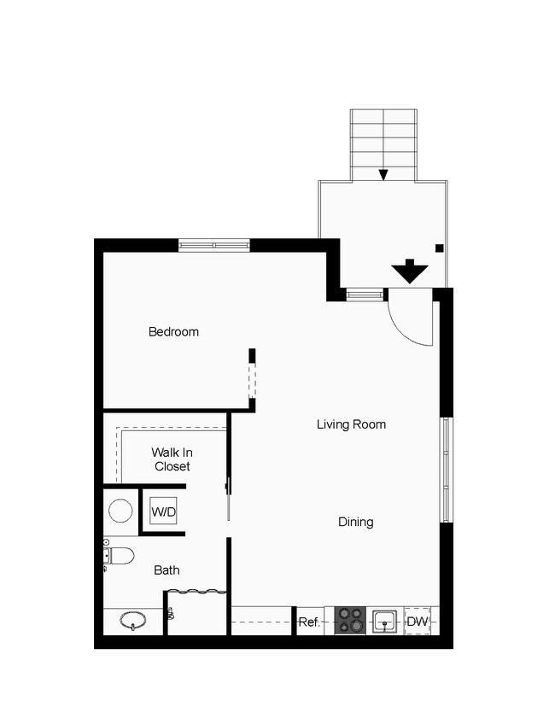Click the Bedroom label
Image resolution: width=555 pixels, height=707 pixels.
click(x=173, y=332)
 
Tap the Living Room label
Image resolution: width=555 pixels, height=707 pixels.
click(x=351, y=424)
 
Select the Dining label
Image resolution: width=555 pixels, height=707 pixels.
click(x=356, y=522)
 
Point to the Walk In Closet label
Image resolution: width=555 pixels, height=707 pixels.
click(x=172, y=459)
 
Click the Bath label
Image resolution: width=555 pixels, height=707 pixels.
click(x=166, y=570)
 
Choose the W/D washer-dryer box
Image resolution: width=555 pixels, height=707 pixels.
click(x=163, y=511)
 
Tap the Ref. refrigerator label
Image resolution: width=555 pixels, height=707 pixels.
click(x=309, y=622)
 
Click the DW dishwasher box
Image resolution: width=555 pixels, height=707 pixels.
click(x=417, y=622)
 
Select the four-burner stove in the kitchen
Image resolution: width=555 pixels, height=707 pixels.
click(x=350, y=621)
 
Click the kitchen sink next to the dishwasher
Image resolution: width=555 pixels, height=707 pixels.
click(x=384, y=622)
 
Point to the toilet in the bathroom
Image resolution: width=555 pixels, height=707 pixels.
click(x=119, y=556)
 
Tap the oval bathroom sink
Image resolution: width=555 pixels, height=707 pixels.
click(x=133, y=621)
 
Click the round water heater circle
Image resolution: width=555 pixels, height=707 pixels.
click(x=121, y=511)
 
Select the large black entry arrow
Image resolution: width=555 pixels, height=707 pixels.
click(x=409, y=272)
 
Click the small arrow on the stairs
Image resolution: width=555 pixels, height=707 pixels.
click(x=383, y=174)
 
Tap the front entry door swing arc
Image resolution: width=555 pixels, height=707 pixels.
click(x=403, y=331)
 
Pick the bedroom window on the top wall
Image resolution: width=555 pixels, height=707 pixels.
click(x=214, y=245)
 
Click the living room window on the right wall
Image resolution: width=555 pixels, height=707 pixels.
click(x=446, y=470)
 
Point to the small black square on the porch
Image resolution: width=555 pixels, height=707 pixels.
click(x=440, y=248)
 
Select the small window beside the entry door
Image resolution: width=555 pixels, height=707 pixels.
click(x=365, y=295)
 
